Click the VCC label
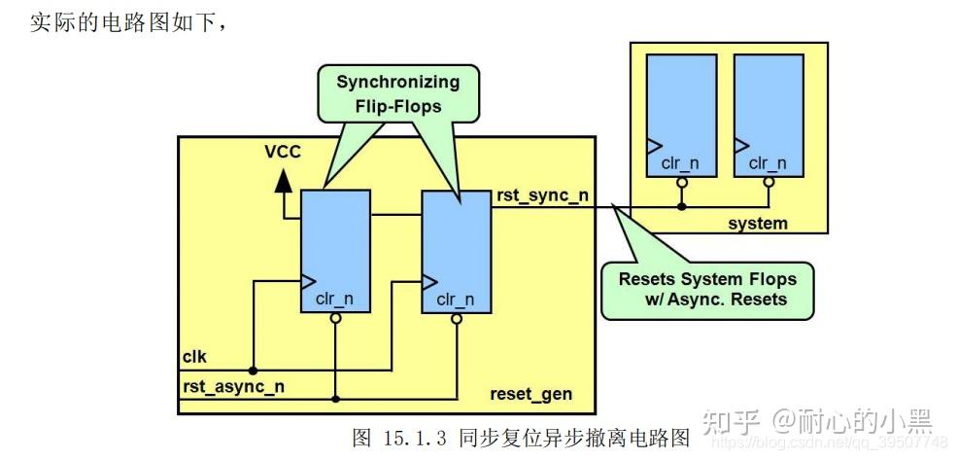pos(283,152)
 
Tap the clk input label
pos(195,357)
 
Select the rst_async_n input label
pos(233,387)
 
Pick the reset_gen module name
pos(531,394)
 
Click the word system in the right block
pos(758,224)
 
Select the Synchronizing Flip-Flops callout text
pos(398,93)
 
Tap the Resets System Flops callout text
pos(707,289)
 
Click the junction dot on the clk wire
pos(253,371)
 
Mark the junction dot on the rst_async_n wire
pos(335,399)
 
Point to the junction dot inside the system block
pos(682,207)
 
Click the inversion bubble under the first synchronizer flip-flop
pos(335,318)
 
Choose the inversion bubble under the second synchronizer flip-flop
pos(457,318)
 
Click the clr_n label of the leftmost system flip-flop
pos(680,163)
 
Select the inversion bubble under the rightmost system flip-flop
pos(769,182)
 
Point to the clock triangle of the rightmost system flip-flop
pos(741,146)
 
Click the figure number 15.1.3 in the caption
pos(417,438)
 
